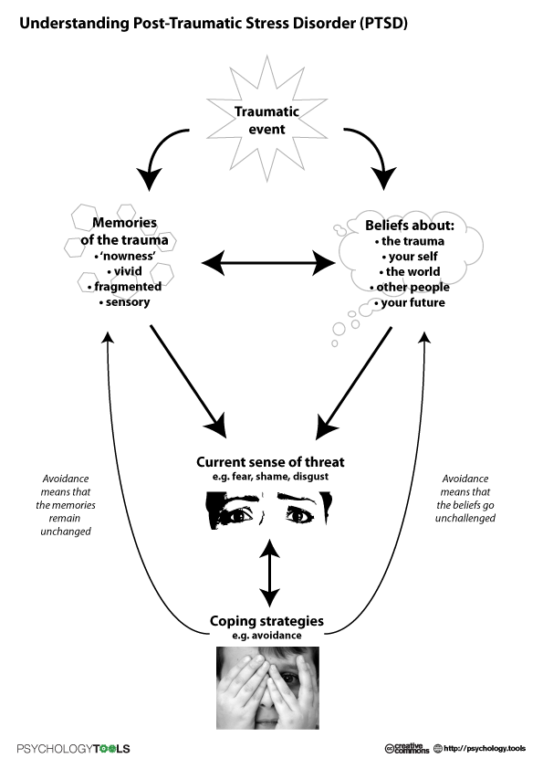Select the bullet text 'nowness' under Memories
(125, 256)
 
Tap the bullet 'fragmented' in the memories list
(124, 287)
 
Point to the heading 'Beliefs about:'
(410, 225)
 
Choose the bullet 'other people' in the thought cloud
(410, 287)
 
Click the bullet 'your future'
(410, 302)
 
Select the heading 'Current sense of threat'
(270, 462)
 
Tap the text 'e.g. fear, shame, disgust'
(270, 476)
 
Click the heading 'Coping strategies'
(266, 621)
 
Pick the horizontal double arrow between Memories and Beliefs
(268, 263)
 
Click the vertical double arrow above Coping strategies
(269, 573)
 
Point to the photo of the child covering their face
(267, 688)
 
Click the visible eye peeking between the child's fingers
(288, 679)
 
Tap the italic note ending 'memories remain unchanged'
(66, 505)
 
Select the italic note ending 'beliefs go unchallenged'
(465, 499)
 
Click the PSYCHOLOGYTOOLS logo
(74, 748)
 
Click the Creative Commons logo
(407, 748)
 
